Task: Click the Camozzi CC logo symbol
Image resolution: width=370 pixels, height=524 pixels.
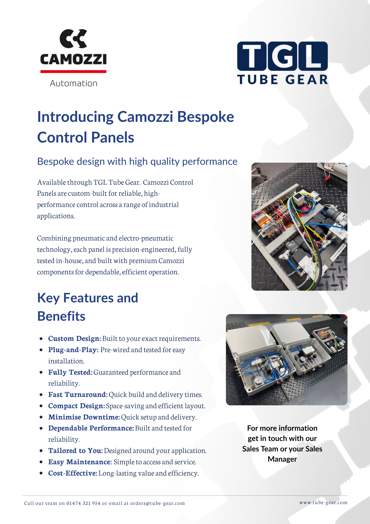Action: pos(73,39)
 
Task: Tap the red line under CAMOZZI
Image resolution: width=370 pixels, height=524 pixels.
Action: pos(73,72)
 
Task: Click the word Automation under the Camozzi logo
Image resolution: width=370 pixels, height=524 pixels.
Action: pos(74,83)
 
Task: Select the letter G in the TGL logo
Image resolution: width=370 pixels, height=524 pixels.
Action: pos(283,56)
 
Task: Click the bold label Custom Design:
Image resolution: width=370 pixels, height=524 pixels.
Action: pos(75,339)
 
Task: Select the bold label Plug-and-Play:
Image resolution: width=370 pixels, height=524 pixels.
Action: pos(73,350)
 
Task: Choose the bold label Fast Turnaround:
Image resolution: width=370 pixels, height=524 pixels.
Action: pos(78,395)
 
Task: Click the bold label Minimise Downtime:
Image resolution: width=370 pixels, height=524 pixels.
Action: pos(84,417)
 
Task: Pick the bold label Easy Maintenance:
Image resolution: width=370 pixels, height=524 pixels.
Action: pos(80,462)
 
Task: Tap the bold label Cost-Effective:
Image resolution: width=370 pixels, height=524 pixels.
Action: pos(73,473)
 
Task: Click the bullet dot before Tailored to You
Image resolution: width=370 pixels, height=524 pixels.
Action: pos(41,451)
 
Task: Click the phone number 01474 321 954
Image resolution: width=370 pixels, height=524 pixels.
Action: pos(83,503)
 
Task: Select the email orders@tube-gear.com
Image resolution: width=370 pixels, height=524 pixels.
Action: pos(157,503)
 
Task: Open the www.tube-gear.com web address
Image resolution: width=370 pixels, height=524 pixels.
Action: pos(323,503)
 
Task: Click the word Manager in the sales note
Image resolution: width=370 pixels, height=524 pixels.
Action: pos(282,459)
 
